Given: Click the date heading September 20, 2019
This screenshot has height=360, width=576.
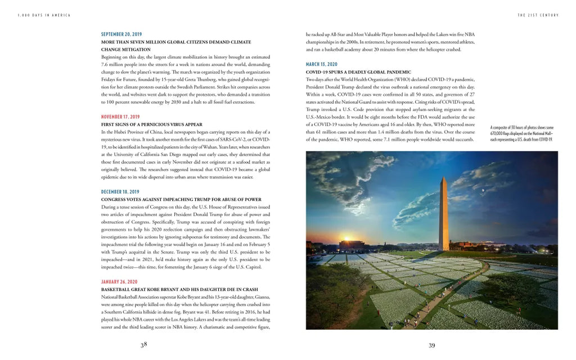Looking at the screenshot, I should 121,34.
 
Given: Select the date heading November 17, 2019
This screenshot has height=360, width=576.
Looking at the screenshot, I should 120,117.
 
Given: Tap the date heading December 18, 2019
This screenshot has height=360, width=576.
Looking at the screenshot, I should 120,192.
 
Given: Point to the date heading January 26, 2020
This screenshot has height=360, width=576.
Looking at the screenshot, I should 119,282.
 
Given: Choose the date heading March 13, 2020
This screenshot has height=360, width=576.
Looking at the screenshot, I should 322,65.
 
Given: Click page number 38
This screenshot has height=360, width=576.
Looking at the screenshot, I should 144,345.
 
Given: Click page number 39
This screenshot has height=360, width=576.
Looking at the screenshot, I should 432,345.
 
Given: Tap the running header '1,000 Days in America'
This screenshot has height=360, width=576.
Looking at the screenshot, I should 44,15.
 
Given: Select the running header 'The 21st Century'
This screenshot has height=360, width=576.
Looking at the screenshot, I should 538,15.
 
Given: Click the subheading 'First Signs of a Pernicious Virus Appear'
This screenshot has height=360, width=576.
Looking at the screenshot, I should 152,124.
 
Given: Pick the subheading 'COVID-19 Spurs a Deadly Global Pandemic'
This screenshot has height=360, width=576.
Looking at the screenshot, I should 358,72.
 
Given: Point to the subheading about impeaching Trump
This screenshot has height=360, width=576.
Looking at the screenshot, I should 181,199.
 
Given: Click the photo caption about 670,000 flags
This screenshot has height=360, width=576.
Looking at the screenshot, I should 521,133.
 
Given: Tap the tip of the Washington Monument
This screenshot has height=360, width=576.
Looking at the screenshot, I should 444,178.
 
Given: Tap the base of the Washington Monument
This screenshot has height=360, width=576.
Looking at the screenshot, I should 444,250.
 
